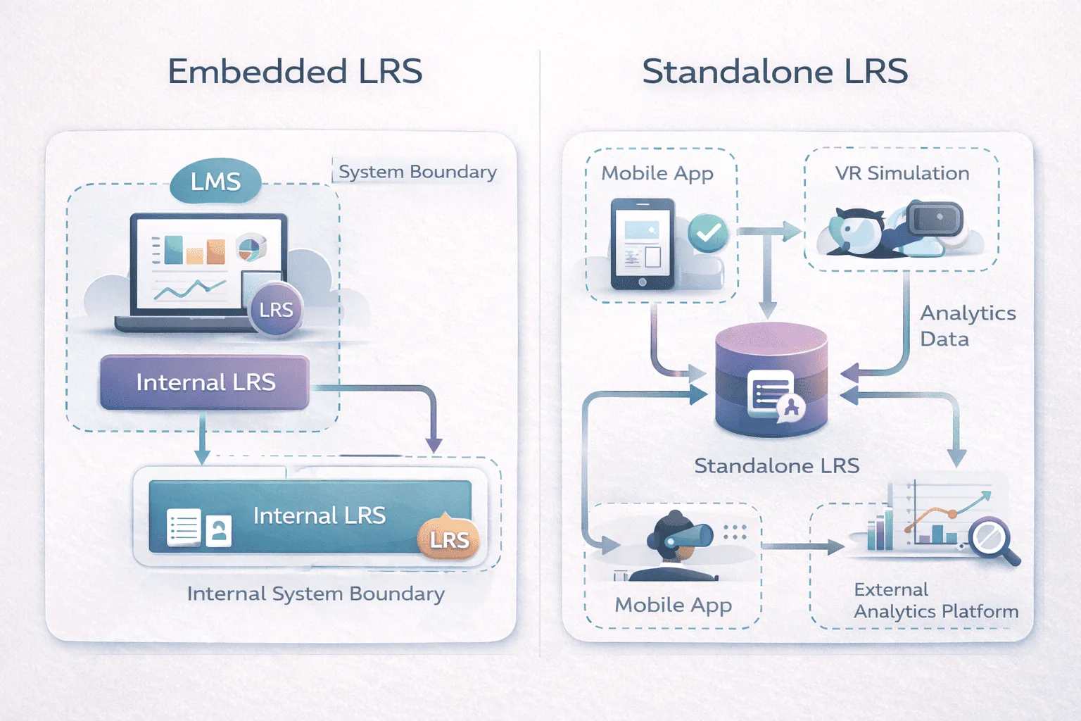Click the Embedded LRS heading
pos(295,72)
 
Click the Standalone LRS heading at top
pos(775,72)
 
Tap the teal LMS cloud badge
pos(215,182)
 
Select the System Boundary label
pos(417,172)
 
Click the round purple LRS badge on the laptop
pos(276,310)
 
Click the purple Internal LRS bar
pos(205,382)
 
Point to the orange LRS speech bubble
pos(449,539)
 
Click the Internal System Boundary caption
pos(315,594)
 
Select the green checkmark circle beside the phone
pos(708,232)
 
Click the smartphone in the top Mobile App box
pos(643,244)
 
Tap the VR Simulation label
pos(902,173)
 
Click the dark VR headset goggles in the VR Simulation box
pos(935,218)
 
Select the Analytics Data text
pos(967,325)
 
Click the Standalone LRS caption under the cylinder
pos(776,465)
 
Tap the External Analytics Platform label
pos(935,601)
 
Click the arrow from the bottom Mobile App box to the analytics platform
pos(802,546)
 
